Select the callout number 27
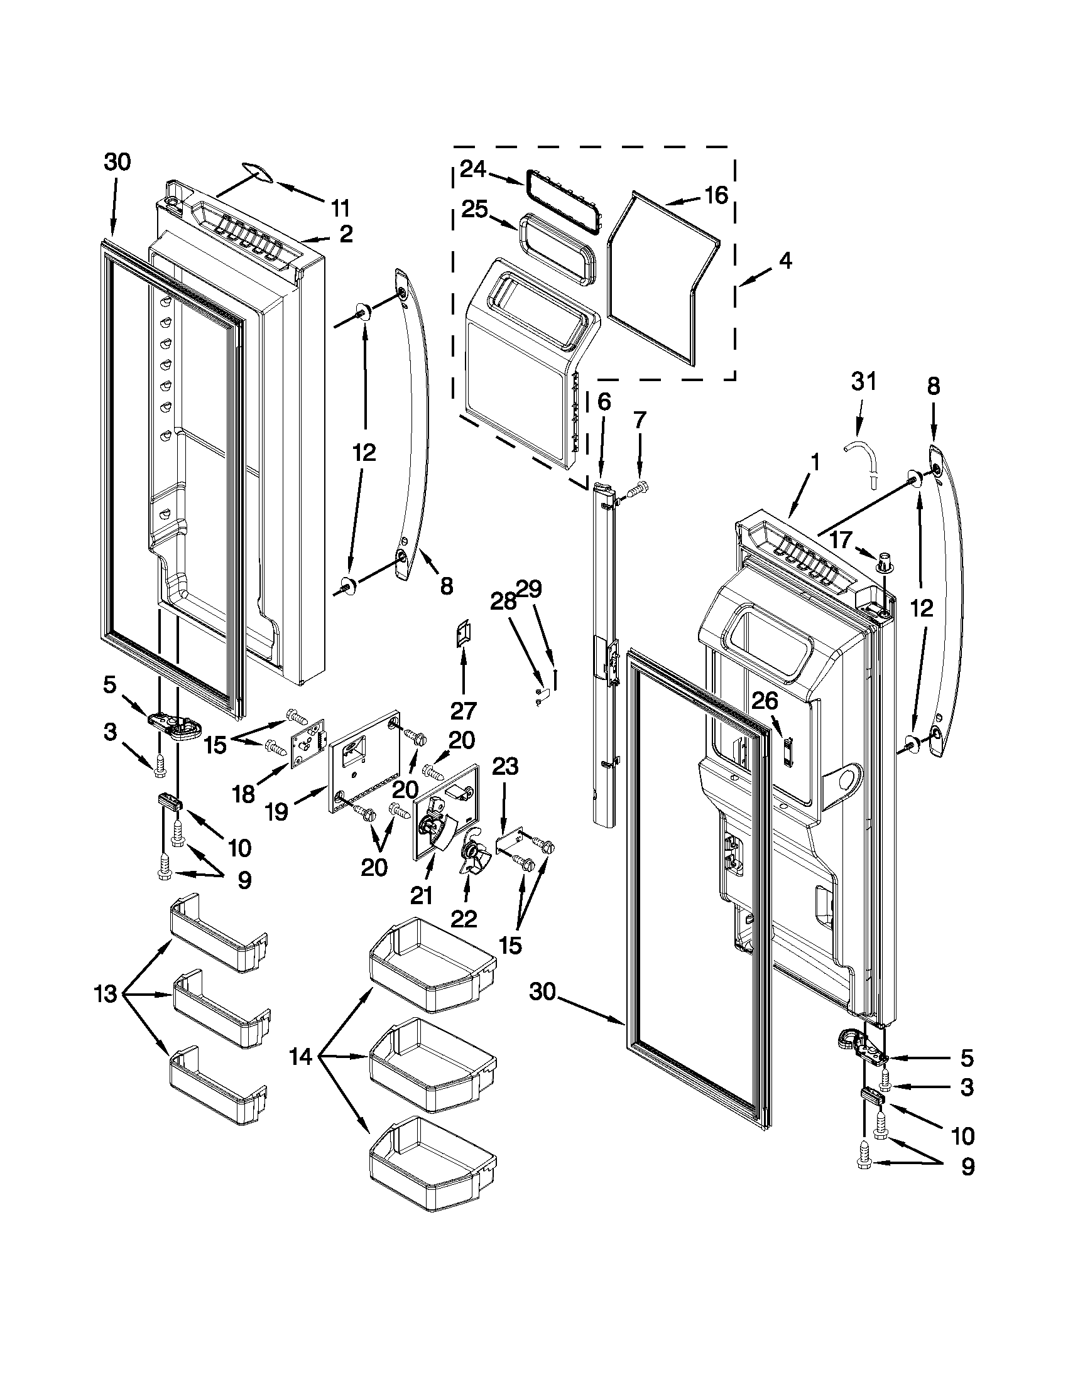pos(463,711)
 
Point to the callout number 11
pos(340,208)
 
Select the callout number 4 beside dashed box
pos(785,261)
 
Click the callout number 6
pos(604,401)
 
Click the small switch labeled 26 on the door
pos(788,752)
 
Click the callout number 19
pos(277,812)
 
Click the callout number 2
pos(345,234)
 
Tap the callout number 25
pos(475,210)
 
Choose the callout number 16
pos(716,195)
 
